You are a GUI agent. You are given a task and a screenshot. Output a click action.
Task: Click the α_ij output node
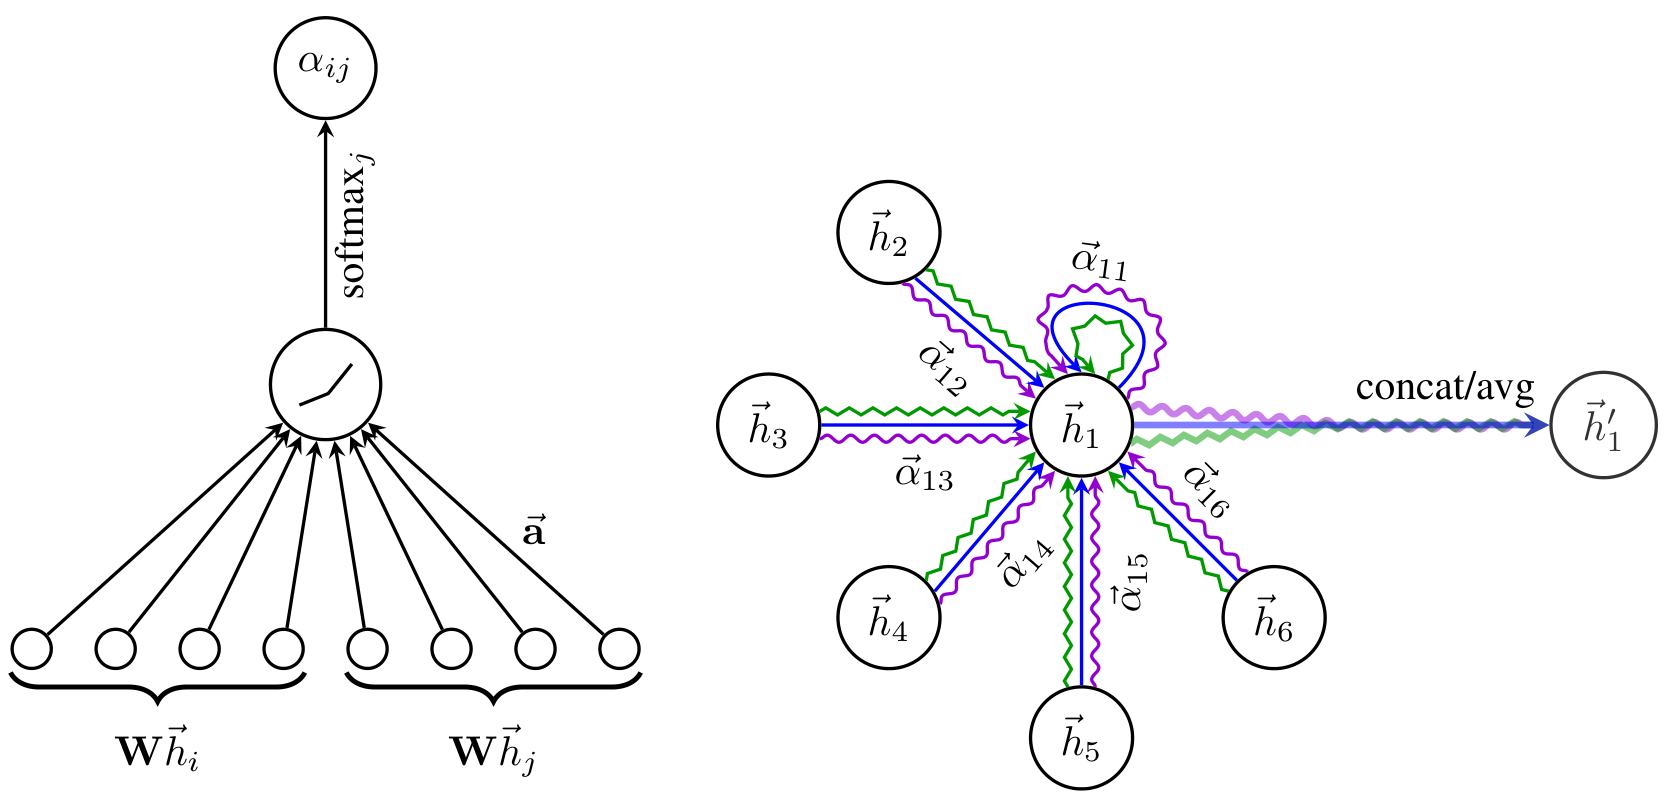pos(325,67)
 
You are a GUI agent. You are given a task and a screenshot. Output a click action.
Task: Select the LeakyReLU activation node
pos(325,384)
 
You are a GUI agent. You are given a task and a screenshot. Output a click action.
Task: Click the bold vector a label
pos(534,531)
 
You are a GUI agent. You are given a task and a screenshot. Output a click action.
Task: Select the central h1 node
pos(1080,426)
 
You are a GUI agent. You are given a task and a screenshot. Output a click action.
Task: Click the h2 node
pos(888,233)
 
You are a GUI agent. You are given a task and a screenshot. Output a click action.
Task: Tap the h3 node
pos(768,426)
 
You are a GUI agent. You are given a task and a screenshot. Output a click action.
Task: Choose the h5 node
pos(1080,739)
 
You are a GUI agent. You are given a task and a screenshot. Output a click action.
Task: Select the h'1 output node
pos(1602,426)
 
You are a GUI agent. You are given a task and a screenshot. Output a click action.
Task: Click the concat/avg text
pos(1444,387)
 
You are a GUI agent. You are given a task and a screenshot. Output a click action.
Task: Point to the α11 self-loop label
pos(1099,262)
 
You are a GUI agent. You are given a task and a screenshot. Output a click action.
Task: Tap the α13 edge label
pos(924,474)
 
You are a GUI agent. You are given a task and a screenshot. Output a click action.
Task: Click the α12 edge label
pos(942,369)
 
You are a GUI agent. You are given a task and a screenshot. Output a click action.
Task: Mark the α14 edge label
pos(1025,563)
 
